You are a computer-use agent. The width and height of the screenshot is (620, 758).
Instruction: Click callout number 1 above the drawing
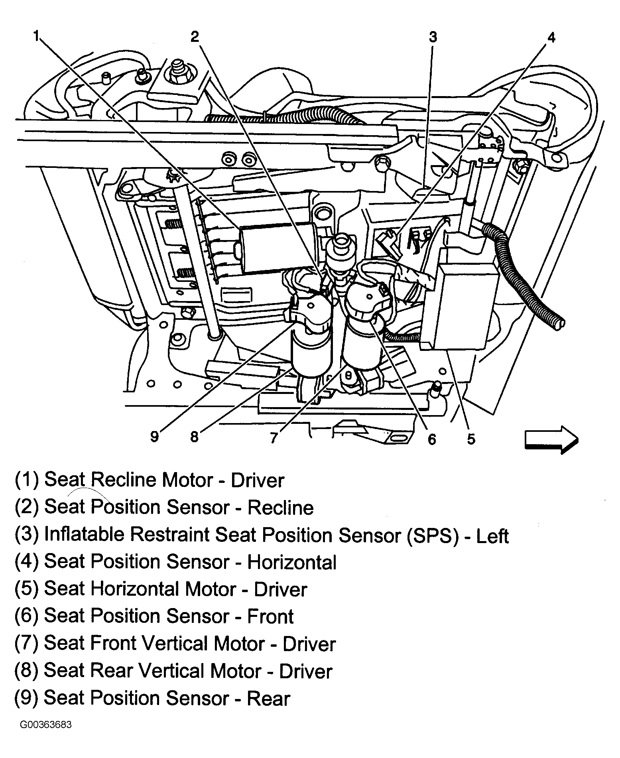(x=36, y=37)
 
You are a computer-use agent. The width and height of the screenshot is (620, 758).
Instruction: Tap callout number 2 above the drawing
(x=194, y=37)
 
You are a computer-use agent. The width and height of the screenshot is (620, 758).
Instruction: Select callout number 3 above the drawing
(x=433, y=37)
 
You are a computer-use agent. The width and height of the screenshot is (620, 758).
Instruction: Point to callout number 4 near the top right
(x=551, y=37)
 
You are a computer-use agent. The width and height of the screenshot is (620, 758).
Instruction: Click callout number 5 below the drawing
(x=471, y=439)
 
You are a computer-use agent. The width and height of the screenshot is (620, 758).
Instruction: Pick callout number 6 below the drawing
(x=432, y=439)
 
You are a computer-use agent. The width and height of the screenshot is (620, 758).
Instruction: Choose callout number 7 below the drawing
(x=274, y=437)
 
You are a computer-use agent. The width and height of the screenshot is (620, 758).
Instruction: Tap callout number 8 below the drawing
(x=194, y=437)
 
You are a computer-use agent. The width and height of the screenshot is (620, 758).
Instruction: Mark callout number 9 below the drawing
(x=155, y=437)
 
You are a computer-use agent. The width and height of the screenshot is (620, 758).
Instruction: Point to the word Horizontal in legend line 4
(x=291, y=562)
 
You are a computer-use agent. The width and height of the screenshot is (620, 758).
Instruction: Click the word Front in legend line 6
(x=270, y=616)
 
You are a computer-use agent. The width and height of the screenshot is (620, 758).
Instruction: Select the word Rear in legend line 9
(x=268, y=698)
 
